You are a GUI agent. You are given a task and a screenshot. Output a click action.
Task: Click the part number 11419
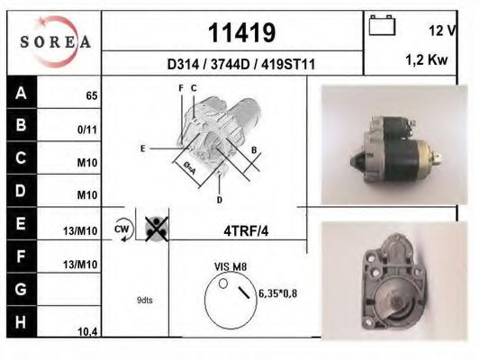pos(241,32)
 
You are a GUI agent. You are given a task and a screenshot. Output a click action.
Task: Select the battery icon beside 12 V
pos(384,28)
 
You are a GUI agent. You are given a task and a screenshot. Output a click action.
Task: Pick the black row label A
pos(21,92)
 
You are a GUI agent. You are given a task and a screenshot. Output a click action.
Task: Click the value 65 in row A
pos(91,94)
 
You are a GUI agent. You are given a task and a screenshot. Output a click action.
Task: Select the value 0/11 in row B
pos(88,129)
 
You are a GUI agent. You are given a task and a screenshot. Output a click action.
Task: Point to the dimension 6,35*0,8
pos(277,293)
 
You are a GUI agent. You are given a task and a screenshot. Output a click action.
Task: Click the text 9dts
pos(144,300)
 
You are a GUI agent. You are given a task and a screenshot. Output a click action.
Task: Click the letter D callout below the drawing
pos(219,199)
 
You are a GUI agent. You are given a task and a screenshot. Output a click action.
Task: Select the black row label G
pos(21,290)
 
